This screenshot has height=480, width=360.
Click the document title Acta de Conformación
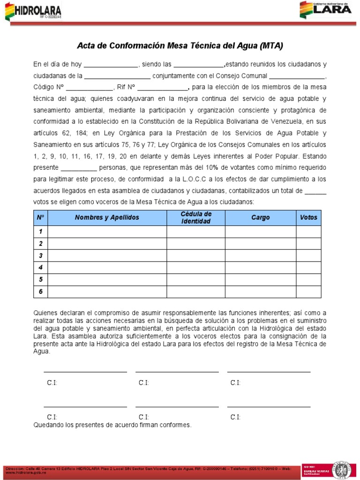[180, 46]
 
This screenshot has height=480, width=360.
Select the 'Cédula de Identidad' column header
[196, 217]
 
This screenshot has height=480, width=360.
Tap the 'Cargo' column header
[261, 217]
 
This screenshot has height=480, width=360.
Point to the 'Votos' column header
[308, 217]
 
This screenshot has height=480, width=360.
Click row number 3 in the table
[41, 256]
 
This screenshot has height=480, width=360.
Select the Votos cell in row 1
[308, 232]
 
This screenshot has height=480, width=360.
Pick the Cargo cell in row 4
[261, 268]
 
